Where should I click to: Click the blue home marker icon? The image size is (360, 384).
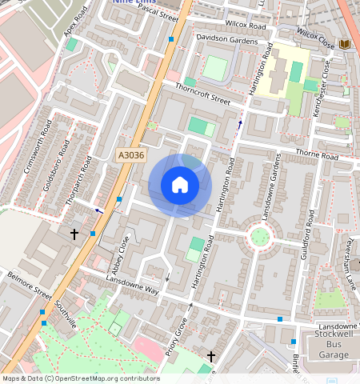tap(180, 186)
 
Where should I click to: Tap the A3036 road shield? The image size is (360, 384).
tap(130, 156)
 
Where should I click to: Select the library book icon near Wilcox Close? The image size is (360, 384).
tap(345, 43)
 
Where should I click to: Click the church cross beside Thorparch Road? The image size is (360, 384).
tap(74, 234)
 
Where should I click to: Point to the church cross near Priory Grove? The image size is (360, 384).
tap(211, 356)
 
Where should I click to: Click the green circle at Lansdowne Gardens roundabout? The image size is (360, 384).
tap(259, 236)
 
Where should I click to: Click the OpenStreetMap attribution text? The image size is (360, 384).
tap(80, 378)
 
